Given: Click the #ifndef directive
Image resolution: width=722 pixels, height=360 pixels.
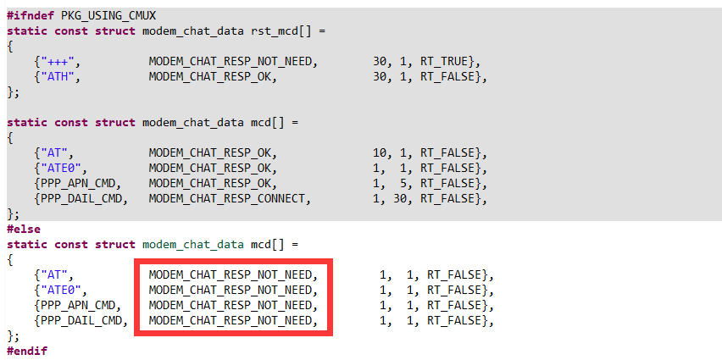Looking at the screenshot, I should pos(31,15).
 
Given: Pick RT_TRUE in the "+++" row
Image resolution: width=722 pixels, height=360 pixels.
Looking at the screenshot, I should pos(453,61).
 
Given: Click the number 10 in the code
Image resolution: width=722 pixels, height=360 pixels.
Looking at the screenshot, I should pos(379,152).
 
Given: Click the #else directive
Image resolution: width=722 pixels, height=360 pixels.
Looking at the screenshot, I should pos(24,229).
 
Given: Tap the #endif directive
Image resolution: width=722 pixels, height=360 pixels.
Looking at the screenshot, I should pos(27,351).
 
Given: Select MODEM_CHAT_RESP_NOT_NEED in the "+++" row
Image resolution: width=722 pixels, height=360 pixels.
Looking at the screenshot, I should pos(233,61).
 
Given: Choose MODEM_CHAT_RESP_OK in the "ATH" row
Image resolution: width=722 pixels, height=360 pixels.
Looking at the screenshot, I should pos(213,76).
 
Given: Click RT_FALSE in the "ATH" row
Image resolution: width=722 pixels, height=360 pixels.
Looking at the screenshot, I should pos(457,76).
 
